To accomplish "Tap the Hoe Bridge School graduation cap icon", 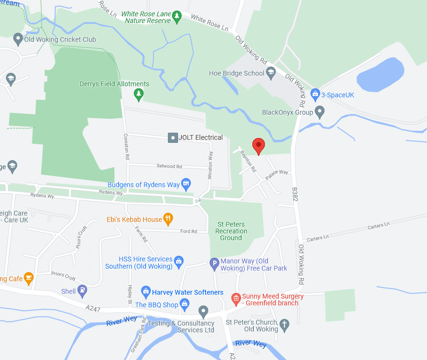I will tap(271, 73).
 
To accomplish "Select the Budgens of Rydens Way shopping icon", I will tap(186, 184).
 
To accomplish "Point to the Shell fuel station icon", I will tap(83, 291).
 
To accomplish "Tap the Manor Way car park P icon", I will tap(214, 264).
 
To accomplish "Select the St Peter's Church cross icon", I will tap(284, 326).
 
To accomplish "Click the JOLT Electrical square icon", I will tap(173, 138).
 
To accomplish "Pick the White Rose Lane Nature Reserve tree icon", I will tap(177, 17).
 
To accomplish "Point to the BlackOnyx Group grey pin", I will tap(319, 112).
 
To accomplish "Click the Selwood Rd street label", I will tap(169, 166).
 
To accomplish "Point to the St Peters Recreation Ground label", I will tap(231, 231).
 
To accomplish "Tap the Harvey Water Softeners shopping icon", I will tap(146, 292).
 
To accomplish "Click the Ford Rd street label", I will tap(188, 232).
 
